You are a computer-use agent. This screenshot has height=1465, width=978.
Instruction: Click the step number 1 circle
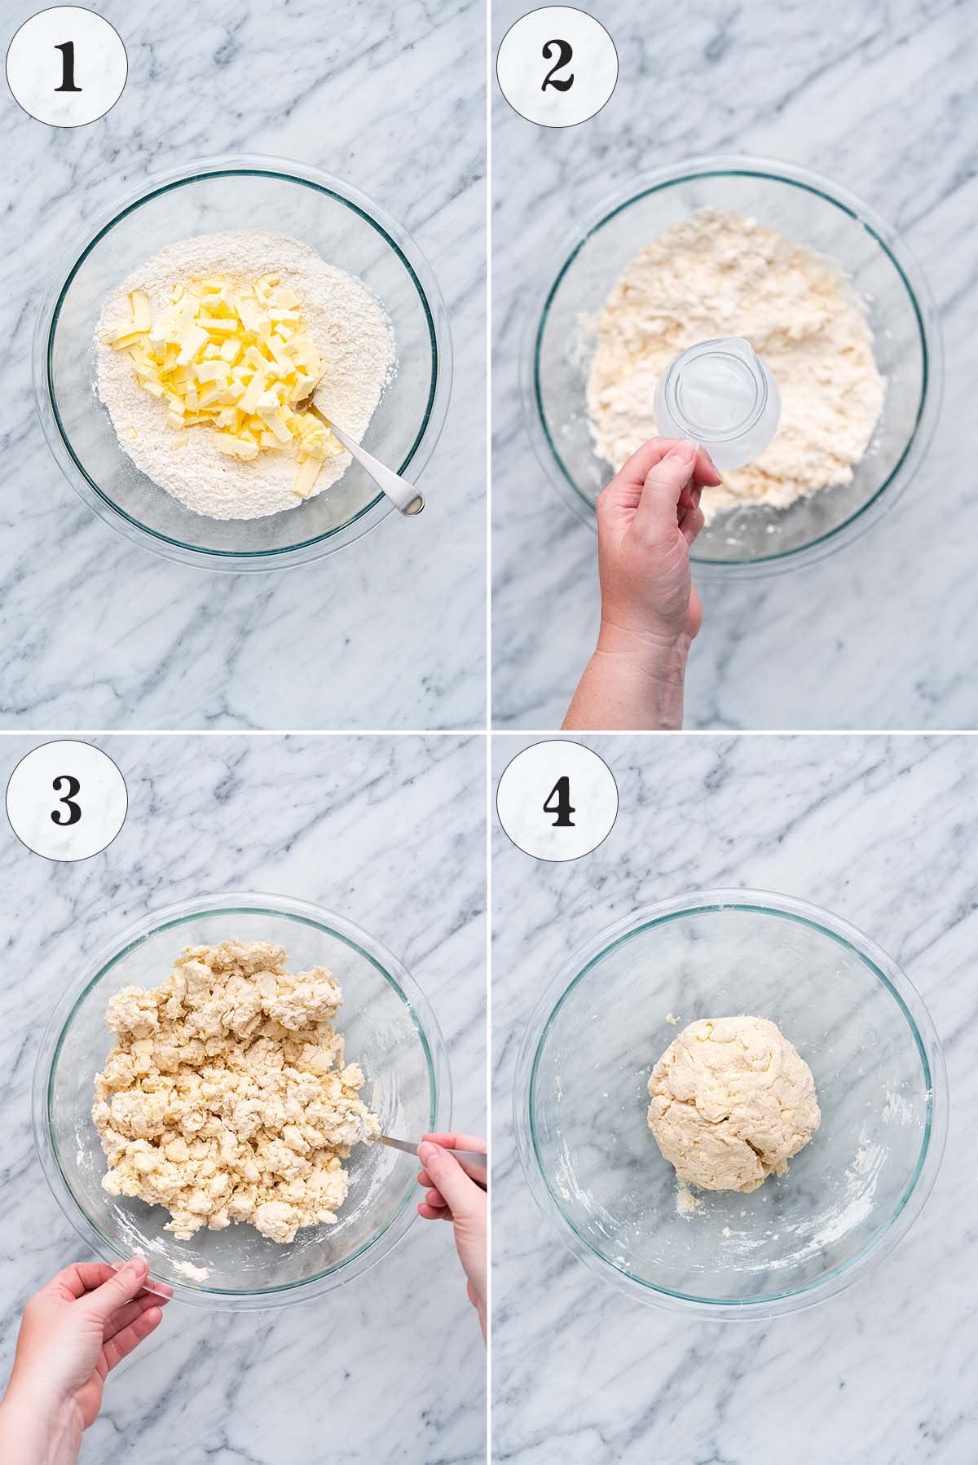[x=67, y=66]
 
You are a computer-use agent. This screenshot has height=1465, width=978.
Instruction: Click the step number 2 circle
[x=557, y=66]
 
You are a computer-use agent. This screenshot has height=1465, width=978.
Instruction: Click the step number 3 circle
[x=67, y=799]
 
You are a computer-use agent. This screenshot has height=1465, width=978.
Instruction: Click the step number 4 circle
[x=557, y=799]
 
